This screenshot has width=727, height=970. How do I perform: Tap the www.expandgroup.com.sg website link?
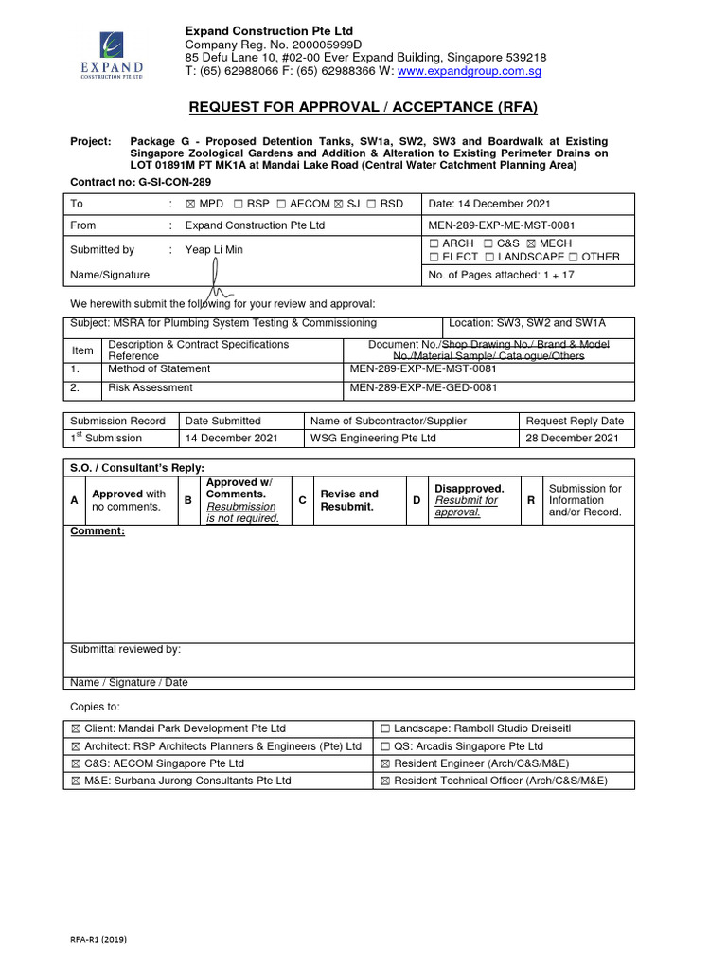click(x=455, y=71)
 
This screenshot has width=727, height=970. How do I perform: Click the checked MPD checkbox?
click(x=190, y=204)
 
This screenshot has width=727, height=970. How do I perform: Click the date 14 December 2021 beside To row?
click(x=489, y=204)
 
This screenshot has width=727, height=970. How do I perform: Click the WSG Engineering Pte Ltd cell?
click(x=373, y=439)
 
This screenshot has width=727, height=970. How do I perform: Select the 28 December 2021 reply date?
click(x=572, y=439)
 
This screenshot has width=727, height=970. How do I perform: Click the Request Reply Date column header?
click(x=575, y=421)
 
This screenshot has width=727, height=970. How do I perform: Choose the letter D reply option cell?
click(x=417, y=499)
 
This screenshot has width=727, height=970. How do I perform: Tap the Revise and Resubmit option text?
click(x=349, y=500)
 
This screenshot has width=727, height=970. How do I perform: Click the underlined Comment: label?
click(x=98, y=531)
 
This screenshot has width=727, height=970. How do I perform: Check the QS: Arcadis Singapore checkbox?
click(x=386, y=746)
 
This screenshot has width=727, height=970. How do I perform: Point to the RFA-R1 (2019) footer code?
click(x=98, y=939)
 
